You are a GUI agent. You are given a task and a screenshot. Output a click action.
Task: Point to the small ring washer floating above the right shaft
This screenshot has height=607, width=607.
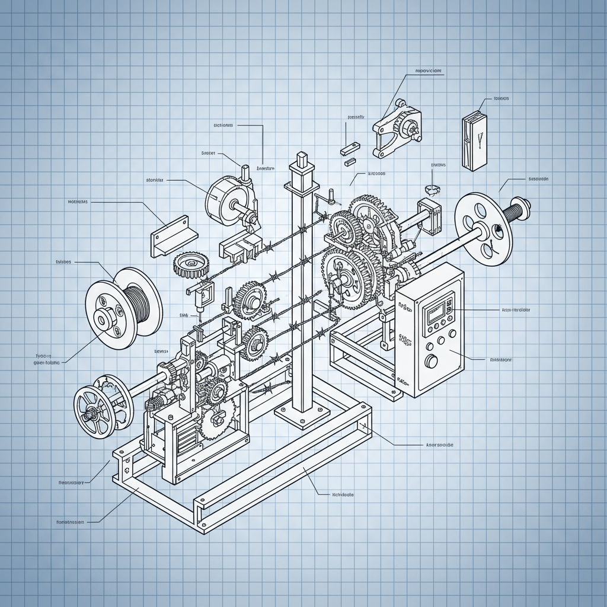[x=432, y=190]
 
